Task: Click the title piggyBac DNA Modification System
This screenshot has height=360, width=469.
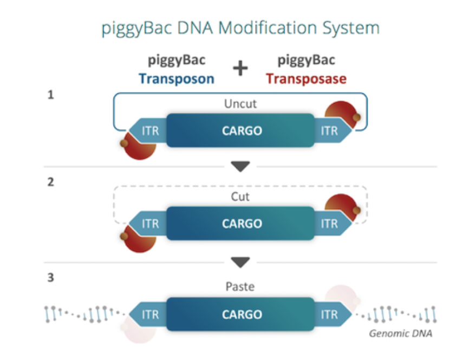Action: pos(240,28)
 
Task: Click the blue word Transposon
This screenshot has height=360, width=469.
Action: pos(176,78)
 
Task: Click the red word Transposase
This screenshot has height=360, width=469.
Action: pos(306,78)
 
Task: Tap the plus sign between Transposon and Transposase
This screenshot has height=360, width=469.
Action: pos(240,68)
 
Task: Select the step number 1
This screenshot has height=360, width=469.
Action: pos(50,96)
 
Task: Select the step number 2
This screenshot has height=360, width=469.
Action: pos(50,182)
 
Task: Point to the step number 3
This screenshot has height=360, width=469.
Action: pos(50,279)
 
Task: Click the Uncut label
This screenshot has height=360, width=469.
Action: pos(240,103)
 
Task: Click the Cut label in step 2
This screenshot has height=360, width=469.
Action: pos(240,197)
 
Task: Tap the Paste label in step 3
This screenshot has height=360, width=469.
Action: pos(240,287)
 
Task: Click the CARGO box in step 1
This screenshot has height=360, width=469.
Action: pos(240,130)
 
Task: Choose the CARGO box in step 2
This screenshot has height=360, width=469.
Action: pos(240,224)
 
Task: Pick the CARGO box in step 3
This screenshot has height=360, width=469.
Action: pos(240,315)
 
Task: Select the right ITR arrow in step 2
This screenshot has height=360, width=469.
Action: pos(331,224)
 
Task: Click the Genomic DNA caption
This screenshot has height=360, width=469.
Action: pos(401,333)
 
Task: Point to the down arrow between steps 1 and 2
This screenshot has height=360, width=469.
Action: pos(240,167)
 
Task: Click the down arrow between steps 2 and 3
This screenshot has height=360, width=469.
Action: pos(240,263)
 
